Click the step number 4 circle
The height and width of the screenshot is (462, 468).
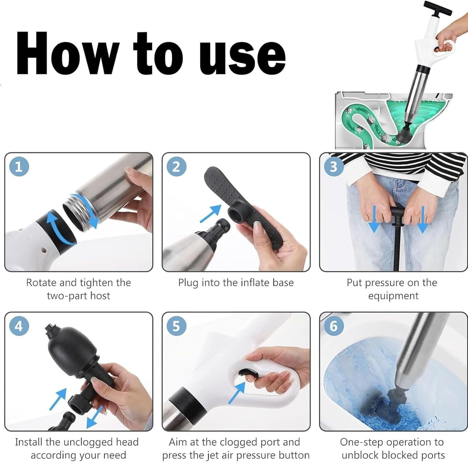(19, 326)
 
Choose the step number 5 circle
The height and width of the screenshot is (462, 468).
(176, 326)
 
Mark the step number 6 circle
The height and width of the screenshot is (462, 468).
(334, 326)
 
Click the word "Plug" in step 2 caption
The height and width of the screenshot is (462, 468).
(188, 283)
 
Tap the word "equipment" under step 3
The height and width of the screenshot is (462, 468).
(393, 296)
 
